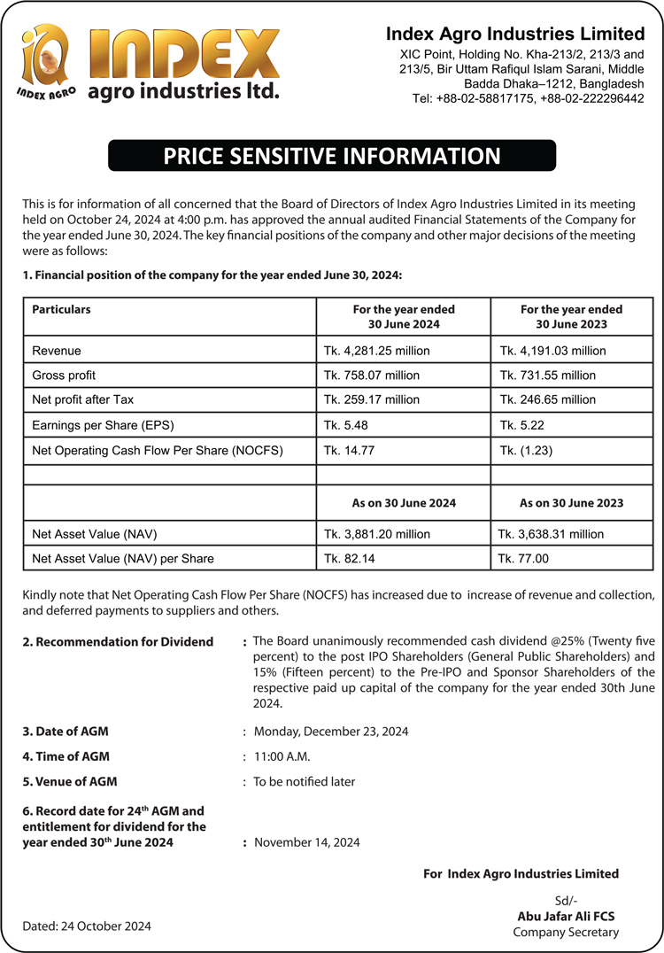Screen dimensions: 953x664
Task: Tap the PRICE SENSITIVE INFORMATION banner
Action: pos(331,157)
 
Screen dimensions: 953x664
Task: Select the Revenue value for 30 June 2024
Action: pos(376,351)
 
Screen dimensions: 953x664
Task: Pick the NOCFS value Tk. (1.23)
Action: pos(526,450)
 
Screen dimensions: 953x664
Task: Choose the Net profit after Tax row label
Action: pos(82,400)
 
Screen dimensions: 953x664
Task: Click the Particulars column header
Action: pos(61,310)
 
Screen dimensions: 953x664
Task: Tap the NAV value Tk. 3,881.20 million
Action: pos(376,534)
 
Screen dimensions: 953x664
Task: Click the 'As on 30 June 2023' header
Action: pos(571,503)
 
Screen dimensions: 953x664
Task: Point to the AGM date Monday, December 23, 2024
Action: pos(331,732)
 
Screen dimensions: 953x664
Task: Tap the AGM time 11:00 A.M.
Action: pos(282,756)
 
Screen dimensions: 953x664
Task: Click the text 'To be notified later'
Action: pos(304,782)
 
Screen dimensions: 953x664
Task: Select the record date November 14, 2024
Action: pos(306,842)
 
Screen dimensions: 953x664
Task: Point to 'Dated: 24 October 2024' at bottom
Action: pos(87,926)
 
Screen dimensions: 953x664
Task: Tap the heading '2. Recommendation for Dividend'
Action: pos(118,641)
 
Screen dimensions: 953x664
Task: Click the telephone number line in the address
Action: pos(528,98)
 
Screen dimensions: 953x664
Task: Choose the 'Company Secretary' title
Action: pos(566,932)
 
